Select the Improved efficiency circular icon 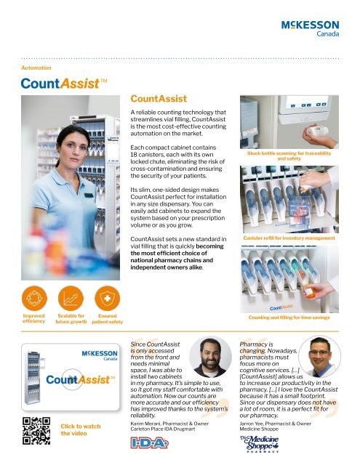coord(34,297)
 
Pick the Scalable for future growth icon coord(71,297)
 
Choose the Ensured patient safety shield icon coord(107,297)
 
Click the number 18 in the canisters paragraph coord(135,155)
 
